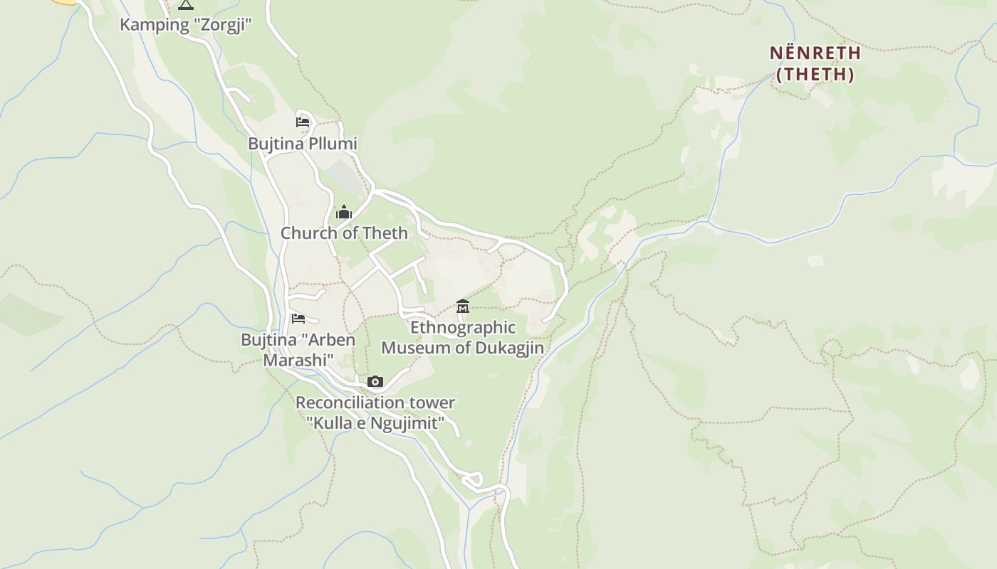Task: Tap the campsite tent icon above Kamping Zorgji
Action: (185, 5)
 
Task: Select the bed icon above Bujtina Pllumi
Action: (303, 122)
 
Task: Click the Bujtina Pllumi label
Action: (302, 144)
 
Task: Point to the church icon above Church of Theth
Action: (344, 212)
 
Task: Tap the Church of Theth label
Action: (344, 233)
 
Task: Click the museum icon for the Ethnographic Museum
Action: (463, 307)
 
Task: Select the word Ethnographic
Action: (463, 328)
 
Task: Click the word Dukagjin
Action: (508, 348)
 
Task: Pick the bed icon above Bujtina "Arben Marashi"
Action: (298, 319)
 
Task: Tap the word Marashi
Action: (295, 360)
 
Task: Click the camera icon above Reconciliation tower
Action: (375, 382)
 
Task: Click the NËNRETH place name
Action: (815, 53)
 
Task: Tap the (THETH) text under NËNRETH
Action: (815, 74)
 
